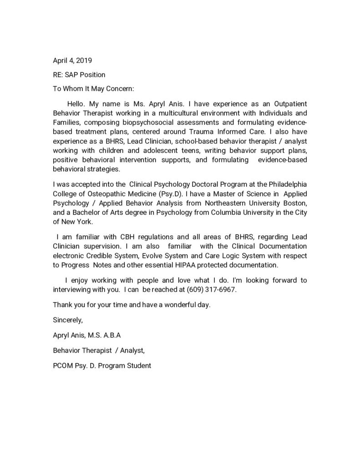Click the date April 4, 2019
coord(69,61)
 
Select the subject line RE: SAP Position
coord(79,75)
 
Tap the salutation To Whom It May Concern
coord(93,89)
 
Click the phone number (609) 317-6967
coord(212,289)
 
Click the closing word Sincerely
coord(68,320)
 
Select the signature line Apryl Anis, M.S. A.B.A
coord(86,336)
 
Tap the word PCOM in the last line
coord(62,365)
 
